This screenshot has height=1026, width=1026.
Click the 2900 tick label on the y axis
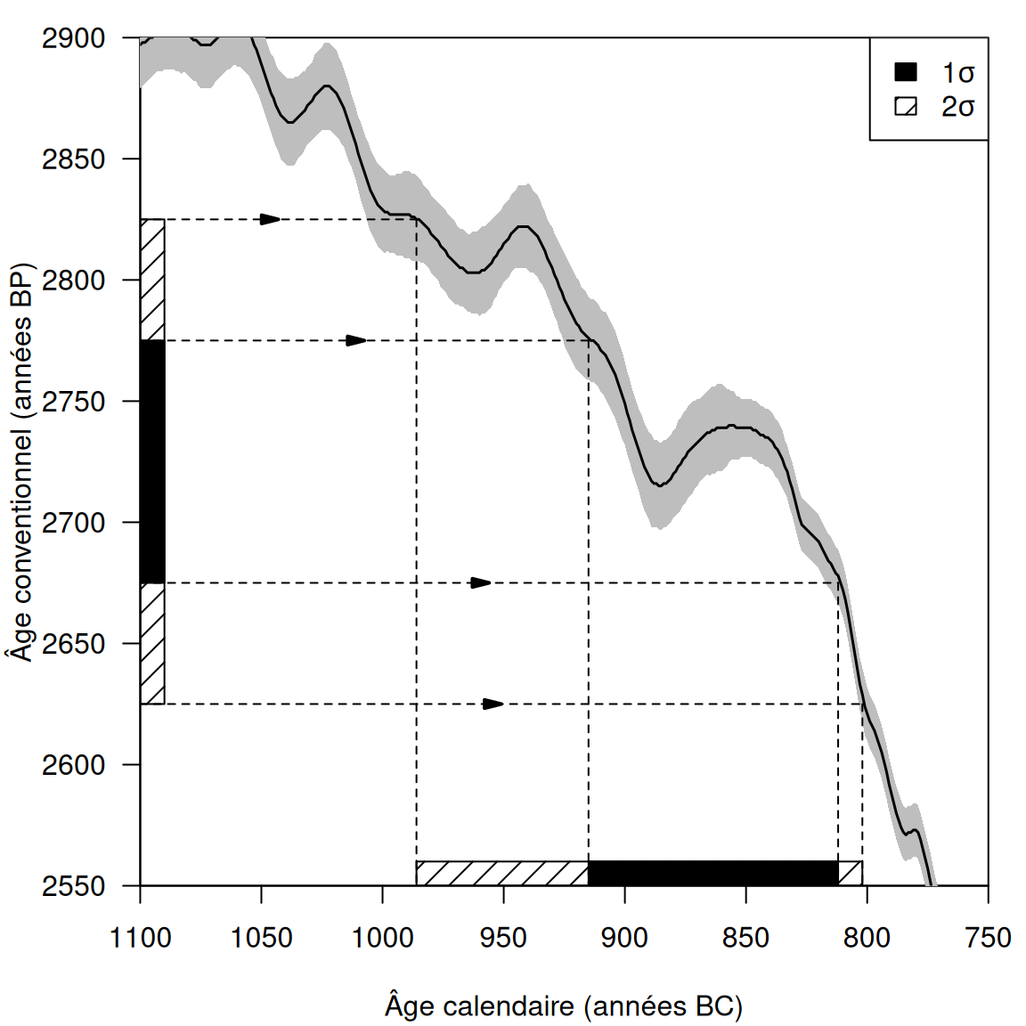(73, 38)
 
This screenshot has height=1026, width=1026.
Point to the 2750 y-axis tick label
(73, 402)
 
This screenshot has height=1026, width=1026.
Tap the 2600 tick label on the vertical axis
(73, 765)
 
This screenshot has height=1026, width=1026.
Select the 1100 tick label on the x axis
(140, 938)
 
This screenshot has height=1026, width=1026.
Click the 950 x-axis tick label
(503, 938)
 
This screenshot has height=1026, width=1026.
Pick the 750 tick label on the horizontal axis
(988, 938)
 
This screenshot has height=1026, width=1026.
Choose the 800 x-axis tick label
(867, 938)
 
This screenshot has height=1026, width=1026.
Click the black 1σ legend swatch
(906, 72)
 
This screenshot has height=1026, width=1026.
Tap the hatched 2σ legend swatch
(906, 107)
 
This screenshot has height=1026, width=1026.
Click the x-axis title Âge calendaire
(564, 1006)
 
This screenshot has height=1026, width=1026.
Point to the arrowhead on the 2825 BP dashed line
(270, 219)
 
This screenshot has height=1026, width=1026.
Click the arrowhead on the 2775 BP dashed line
(356, 340)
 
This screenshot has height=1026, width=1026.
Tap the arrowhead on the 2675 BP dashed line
(481, 582)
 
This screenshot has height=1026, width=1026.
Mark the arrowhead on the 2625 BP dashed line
(493, 704)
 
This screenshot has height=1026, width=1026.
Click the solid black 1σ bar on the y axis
(152, 461)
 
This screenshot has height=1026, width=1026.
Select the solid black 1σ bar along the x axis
(712, 873)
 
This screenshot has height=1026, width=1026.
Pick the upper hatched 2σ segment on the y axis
(152, 280)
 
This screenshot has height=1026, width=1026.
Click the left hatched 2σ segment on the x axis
(502, 873)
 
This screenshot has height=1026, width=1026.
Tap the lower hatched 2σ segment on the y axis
(152, 643)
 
